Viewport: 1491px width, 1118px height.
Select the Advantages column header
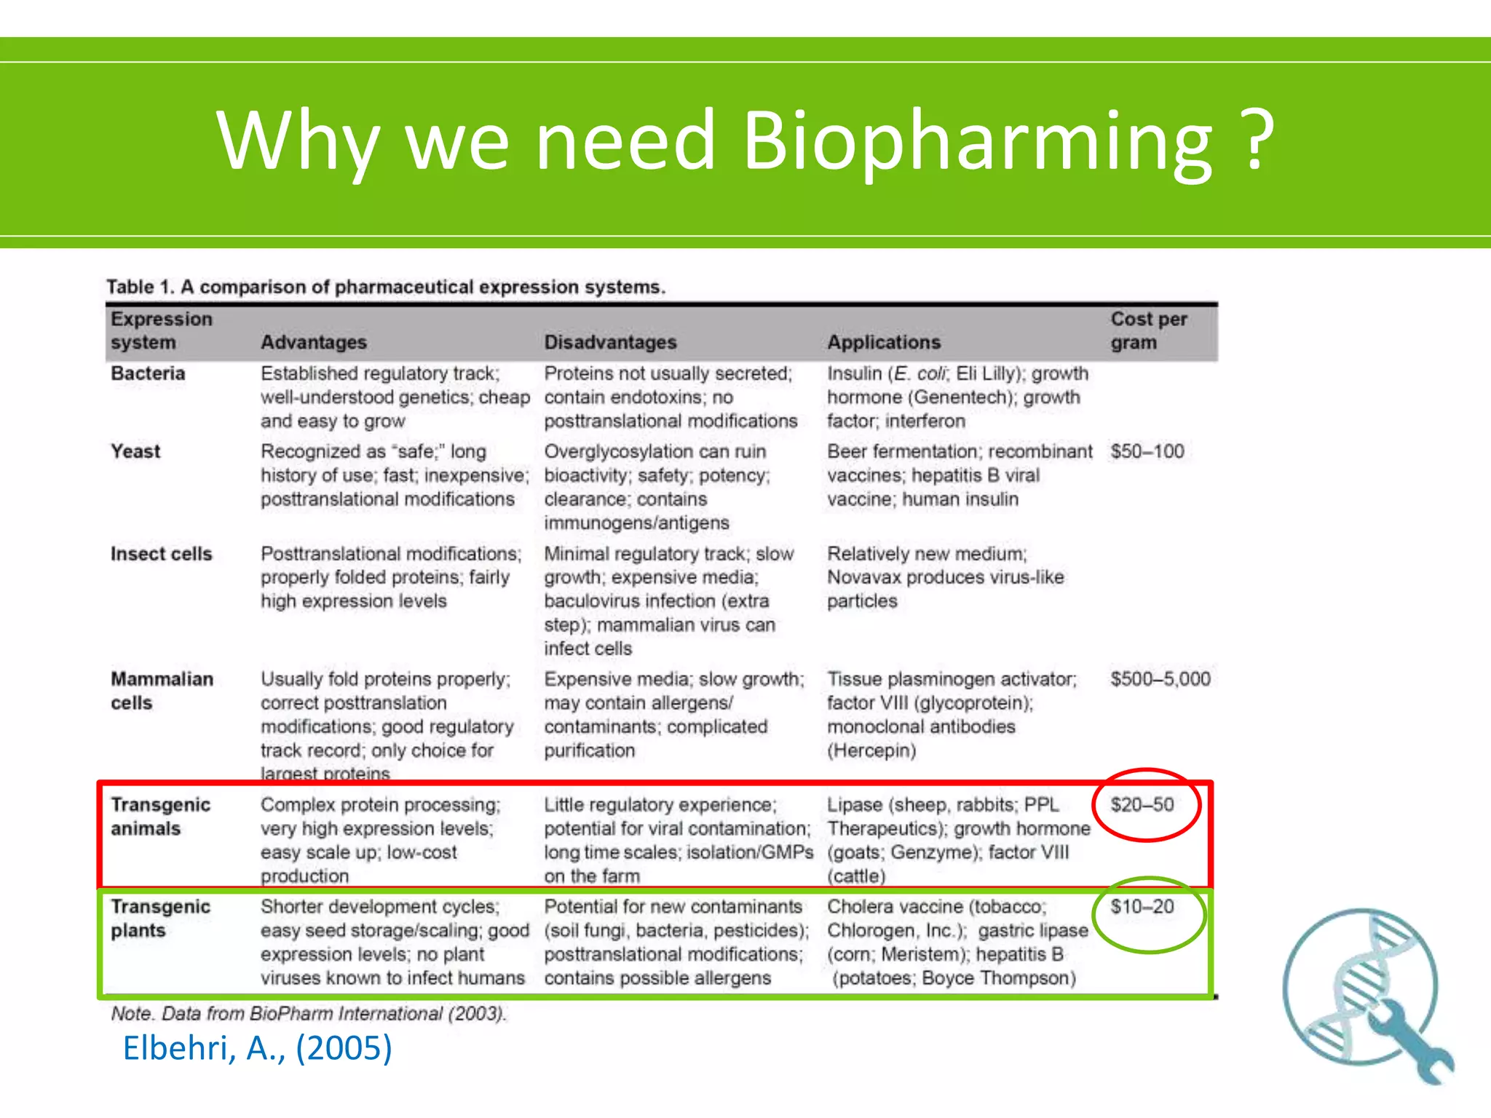[314, 342]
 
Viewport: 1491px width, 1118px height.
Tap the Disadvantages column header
[610, 342]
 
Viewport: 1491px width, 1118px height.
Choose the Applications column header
[883, 342]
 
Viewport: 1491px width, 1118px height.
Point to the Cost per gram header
[1148, 330]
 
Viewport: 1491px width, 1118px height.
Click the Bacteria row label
[148, 373]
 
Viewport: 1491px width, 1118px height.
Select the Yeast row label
[135, 451]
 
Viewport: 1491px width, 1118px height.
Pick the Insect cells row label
[161, 554]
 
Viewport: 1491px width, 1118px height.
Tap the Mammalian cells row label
[161, 691]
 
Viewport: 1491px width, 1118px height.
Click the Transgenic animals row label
[160, 817]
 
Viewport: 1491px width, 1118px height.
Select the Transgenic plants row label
[160, 919]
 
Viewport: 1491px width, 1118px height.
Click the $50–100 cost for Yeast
[1147, 451]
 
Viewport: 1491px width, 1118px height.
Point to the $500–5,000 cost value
[1160, 679]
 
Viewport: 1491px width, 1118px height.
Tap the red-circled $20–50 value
[1142, 805]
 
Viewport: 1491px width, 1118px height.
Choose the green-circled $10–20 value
[1142, 907]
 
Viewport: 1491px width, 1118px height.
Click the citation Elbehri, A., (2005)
[257, 1049]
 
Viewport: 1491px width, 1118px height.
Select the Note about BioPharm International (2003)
[309, 1014]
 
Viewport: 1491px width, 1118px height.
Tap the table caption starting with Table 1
[386, 287]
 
